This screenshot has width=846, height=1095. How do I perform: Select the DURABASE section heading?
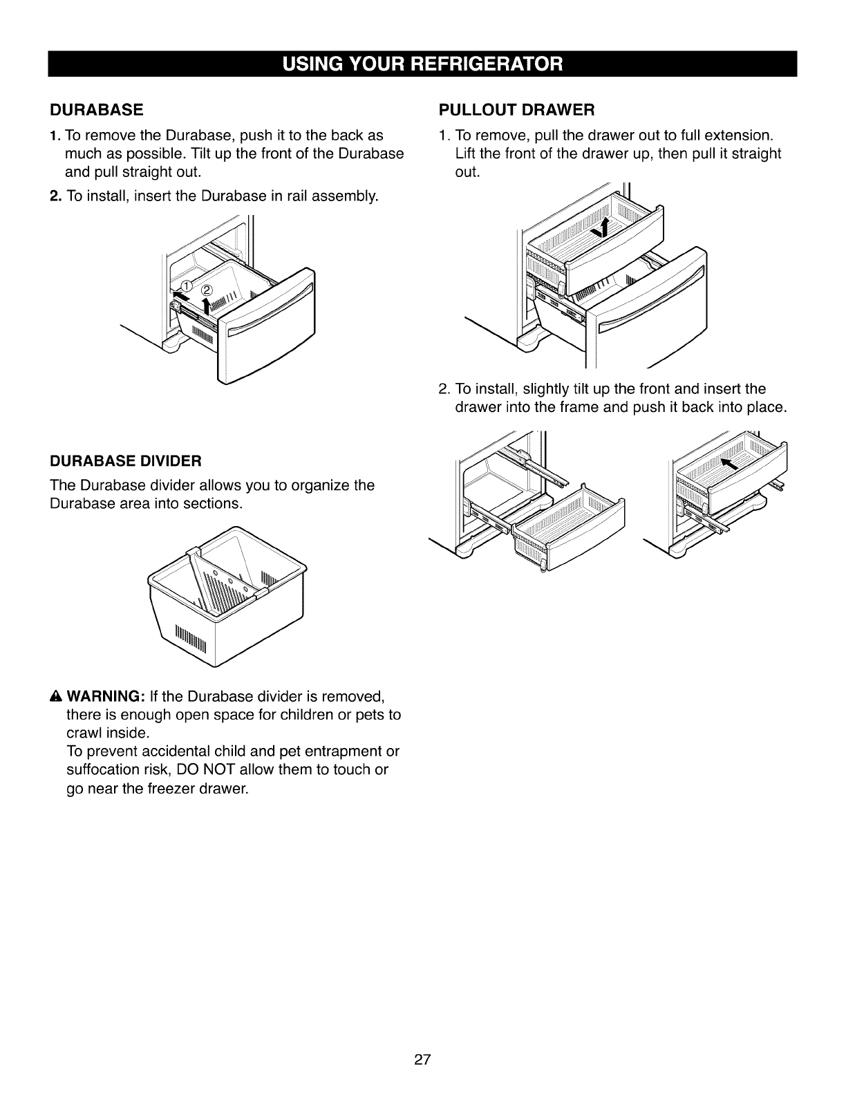[x=96, y=110]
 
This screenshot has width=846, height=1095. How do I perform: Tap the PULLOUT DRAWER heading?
[x=517, y=110]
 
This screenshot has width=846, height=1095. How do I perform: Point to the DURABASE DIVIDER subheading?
[x=126, y=460]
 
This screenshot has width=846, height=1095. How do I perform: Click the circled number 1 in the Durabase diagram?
[x=185, y=287]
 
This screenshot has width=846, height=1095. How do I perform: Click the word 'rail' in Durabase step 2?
[x=290, y=196]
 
